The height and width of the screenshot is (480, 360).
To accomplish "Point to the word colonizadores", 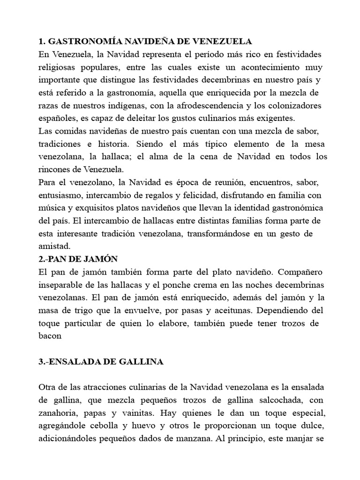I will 292,105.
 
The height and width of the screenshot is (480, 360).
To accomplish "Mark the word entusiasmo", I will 62,194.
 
